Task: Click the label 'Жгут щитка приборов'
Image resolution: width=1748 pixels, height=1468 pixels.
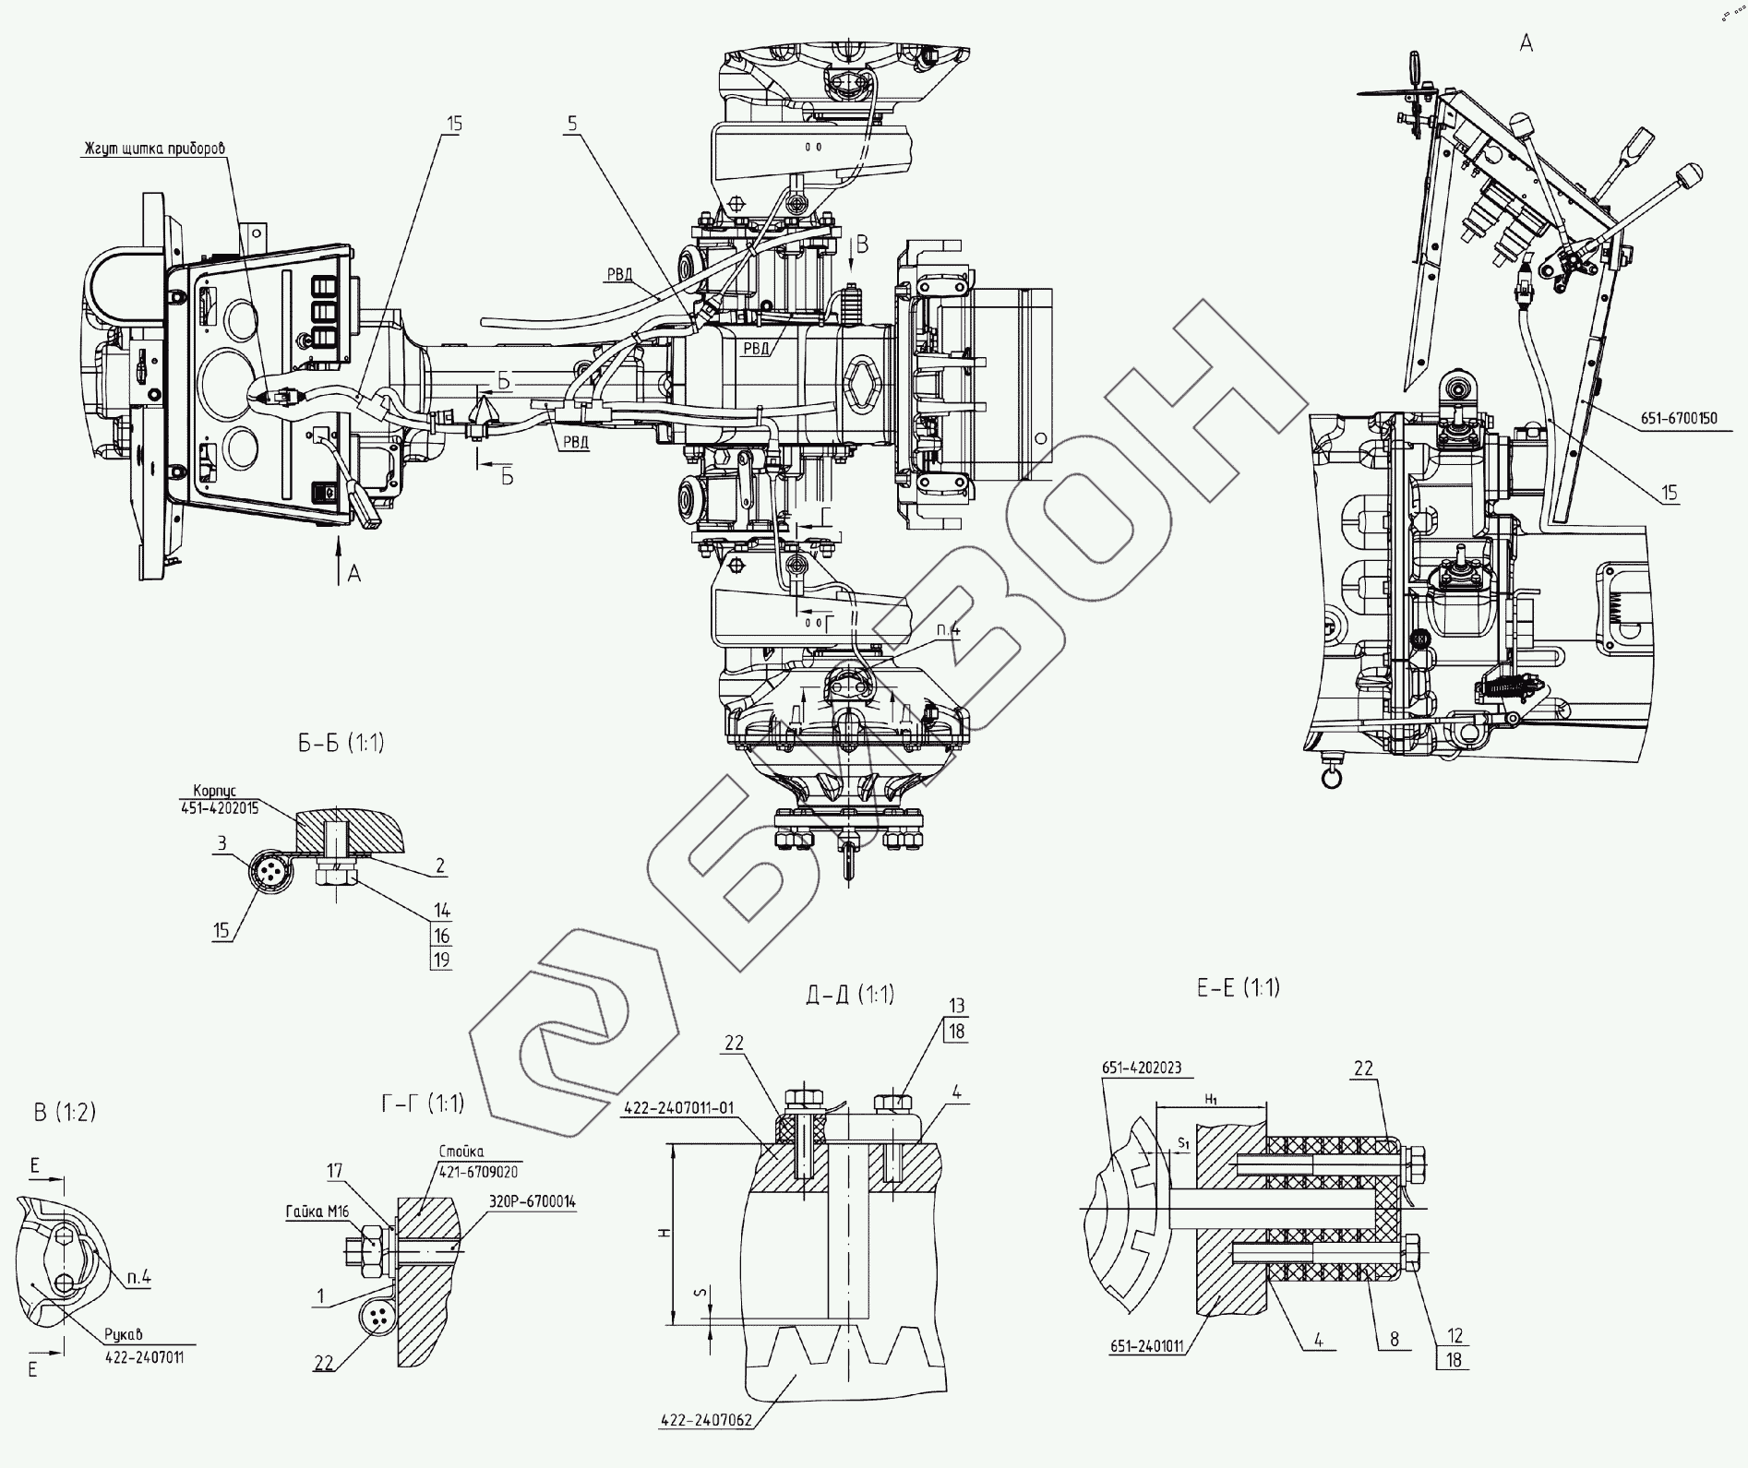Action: [154, 148]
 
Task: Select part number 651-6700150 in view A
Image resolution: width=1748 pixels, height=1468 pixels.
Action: [1679, 418]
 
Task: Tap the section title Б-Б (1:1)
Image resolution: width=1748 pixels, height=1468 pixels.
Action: [341, 743]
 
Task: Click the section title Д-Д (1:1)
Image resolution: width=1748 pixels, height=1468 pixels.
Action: [849, 994]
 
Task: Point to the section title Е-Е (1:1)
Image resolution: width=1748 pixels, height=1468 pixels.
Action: [1238, 987]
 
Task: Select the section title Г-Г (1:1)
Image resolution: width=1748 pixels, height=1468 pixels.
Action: [422, 1103]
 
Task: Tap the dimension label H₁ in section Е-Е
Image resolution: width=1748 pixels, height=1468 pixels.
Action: [1211, 1099]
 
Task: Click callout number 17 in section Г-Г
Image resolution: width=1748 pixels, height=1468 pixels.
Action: [334, 1170]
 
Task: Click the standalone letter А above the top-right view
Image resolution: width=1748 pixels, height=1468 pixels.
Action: [1526, 42]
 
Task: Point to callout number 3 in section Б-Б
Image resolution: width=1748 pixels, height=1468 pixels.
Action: [221, 842]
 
